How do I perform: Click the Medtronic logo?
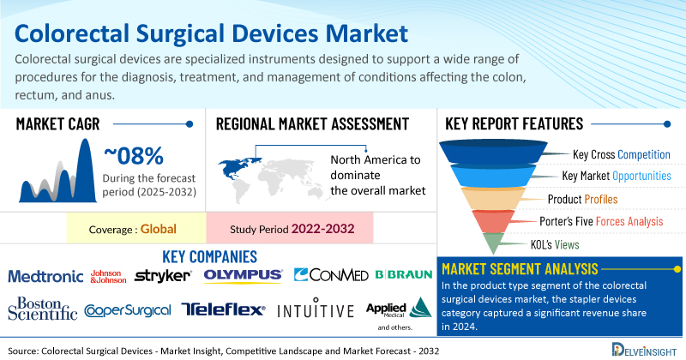[45, 276]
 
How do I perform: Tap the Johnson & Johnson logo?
[108, 276]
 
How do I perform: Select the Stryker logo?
[163, 275]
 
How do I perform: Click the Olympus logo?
[244, 275]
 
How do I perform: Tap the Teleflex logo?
[224, 309]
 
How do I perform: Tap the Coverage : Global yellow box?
[135, 230]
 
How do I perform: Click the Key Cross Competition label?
[621, 155]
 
